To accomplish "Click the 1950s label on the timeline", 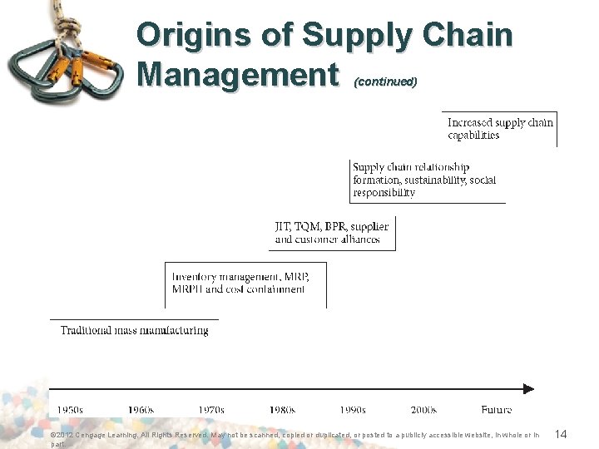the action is click(x=70, y=410).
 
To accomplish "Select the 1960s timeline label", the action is click(x=141, y=410).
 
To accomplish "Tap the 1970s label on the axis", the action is click(x=211, y=410).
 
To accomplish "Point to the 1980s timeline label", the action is click(x=282, y=410).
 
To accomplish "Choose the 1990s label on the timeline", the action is click(x=353, y=410).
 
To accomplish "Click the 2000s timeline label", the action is click(x=423, y=410).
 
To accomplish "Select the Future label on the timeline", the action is click(x=497, y=410).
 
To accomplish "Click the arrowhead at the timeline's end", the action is click(x=527, y=388).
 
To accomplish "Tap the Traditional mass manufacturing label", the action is click(x=134, y=330).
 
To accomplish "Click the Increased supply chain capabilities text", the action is click(x=500, y=129).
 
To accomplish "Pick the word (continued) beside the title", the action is click(x=385, y=82).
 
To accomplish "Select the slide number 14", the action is click(x=560, y=434).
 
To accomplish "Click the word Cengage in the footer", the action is click(x=91, y=434).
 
